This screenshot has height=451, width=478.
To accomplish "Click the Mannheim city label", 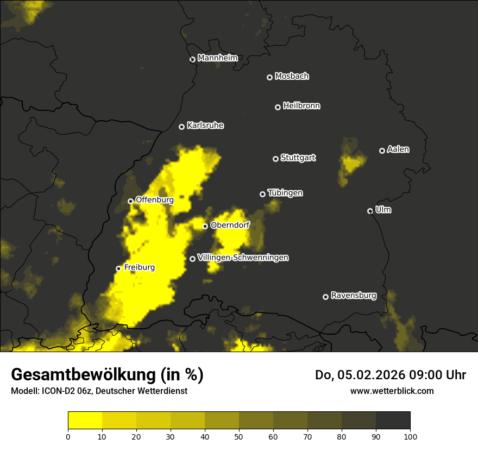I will coord(217,58).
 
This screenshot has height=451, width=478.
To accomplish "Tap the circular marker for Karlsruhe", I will coord(181,127).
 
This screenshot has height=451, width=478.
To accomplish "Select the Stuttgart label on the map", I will coord(298,158).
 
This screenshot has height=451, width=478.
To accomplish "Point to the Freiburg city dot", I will coord(118,268).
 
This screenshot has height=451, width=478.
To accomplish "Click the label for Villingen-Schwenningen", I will coord(243,258).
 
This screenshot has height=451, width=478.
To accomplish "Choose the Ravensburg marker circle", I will coord(325,297).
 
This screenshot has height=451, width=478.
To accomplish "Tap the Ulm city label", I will coord(383,210).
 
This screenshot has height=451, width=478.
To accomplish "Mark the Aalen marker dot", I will coord(382,151).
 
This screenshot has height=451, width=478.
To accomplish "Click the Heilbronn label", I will coord(301,106).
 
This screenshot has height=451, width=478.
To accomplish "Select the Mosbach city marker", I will coord(269,77).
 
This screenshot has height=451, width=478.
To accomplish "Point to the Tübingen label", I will coord(285,193).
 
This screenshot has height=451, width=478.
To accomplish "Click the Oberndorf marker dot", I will coord(205,226).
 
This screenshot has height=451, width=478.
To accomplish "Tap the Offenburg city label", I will coord(154,200).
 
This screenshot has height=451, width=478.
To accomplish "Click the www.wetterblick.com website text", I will coord(392,391).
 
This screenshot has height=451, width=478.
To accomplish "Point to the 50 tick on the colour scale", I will coord(239,436).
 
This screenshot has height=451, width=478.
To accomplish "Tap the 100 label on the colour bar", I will coord(410,436).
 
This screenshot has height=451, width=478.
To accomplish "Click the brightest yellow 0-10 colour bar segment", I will coord(85,421).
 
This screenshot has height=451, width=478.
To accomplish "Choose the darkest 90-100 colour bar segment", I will coord(393,421).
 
